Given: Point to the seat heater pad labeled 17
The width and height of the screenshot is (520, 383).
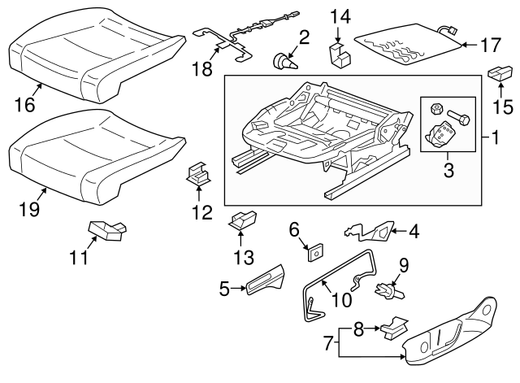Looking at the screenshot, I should [404, 46].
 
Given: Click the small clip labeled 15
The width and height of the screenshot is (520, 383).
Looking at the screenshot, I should [496, 72].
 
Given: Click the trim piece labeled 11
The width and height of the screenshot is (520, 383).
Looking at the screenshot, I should [106, 232].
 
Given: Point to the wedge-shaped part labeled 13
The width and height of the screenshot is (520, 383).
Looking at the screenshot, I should [244, 220].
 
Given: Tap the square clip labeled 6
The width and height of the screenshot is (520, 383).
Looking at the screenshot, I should [314, 254].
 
